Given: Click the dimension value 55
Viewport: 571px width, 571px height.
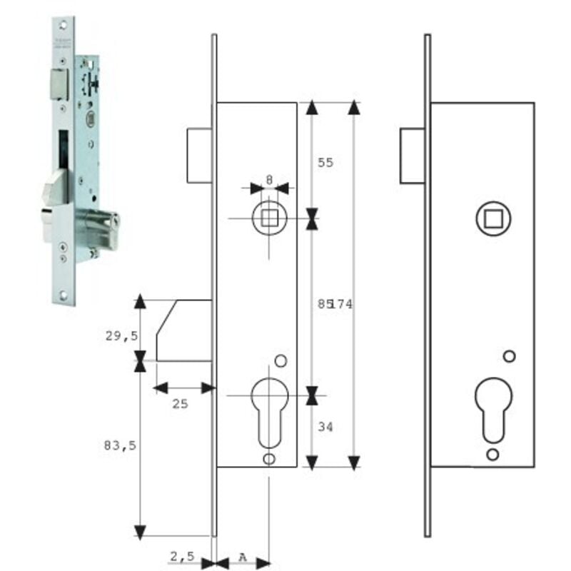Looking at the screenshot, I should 325,163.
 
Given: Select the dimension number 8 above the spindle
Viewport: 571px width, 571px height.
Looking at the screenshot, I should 269,180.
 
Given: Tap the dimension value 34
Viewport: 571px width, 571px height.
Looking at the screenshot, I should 325,427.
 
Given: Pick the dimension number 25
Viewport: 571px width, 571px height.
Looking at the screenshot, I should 181,403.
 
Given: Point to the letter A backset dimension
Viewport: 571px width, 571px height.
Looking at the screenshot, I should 243,555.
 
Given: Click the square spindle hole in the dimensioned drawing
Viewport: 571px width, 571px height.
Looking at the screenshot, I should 269,218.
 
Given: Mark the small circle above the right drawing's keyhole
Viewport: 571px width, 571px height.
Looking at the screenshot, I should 509,355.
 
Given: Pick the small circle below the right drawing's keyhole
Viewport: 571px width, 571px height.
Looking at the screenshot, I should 492,455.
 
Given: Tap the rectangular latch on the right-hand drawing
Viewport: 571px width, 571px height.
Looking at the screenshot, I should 413,156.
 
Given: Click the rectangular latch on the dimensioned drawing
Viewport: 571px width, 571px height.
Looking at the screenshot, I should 199,156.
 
